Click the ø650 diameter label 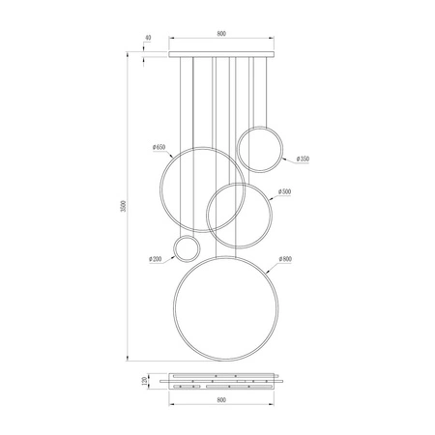[160, 146]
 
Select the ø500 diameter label [285, 192]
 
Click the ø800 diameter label [285, 259]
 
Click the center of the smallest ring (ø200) [187, 248]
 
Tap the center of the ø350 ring [261, 148]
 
